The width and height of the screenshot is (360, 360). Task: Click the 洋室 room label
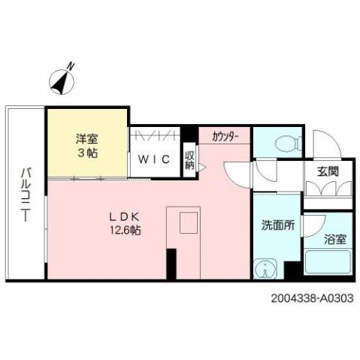click(x=86, y=139)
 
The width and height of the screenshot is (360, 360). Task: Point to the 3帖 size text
click(x=86, y=153)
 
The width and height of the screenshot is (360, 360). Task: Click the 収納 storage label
click(x=189, y=159)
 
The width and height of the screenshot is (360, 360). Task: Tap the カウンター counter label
click(x=225, y=136)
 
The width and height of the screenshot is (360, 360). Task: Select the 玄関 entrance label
click(x=328, y=171)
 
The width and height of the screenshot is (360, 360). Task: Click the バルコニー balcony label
click(x=25, y=192)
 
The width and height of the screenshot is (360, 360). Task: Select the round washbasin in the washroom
click(x=265, y=268)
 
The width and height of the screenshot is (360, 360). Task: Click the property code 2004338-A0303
click(x=310, y=298)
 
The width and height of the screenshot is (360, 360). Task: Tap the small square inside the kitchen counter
click(x=188, y=222)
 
